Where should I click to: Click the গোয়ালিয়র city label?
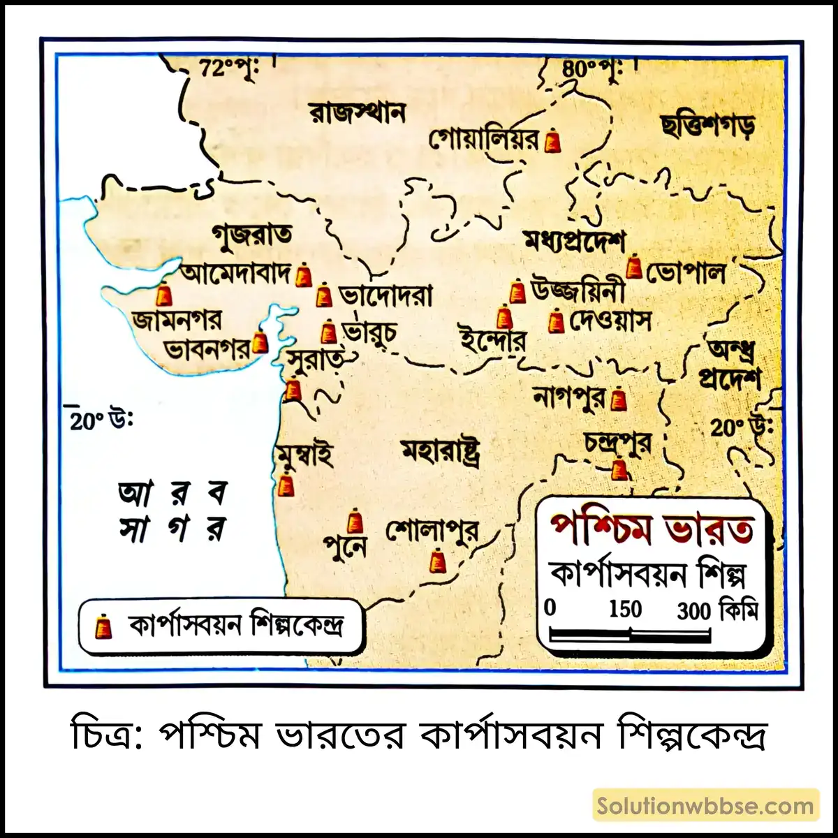point(484,140)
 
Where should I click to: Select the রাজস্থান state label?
point(357,112)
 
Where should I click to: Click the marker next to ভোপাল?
point(634,267)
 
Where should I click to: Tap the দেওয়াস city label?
point(610,321)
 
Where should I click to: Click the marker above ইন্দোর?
point(505,318)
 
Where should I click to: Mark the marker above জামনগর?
point(164,295)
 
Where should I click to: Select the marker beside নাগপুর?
point(619,400)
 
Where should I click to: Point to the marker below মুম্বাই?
point(285,484)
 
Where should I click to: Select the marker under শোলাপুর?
point(438,561)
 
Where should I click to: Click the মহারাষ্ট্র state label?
point(441,452)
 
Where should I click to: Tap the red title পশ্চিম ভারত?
point(652,529)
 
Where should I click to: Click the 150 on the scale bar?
point(624,610)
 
